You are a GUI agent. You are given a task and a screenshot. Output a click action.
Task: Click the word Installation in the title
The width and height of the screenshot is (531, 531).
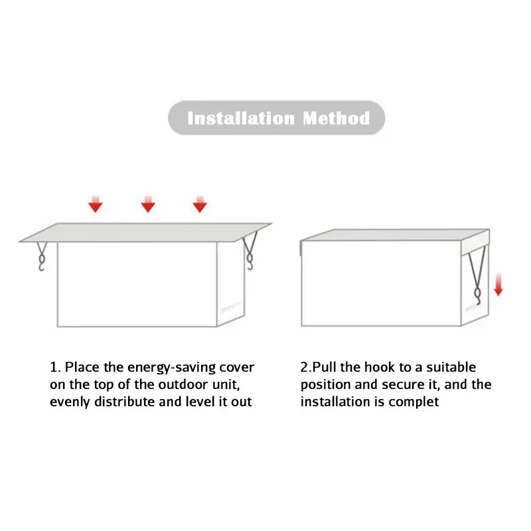pyautogui.click(x=241, y=119)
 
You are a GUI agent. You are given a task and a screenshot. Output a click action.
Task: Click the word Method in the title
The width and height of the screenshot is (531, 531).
pyautogui.click(x=337, y=119)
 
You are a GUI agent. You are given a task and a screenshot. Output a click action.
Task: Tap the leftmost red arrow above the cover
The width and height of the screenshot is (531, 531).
pyautogui.click(x=96, y=204)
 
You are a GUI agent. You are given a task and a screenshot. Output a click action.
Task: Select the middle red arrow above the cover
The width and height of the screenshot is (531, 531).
pyautogui.click(x=148, y=204)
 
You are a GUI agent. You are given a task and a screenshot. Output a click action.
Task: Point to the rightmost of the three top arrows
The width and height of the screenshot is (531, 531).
pyautogui.click(x=200, y=204)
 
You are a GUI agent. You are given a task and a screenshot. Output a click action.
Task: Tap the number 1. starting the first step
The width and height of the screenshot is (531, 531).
pyautogui.click(x=56, y=367)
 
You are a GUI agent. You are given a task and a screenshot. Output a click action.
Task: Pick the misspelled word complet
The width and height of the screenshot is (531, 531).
pyautogui.click(x=416, y=402)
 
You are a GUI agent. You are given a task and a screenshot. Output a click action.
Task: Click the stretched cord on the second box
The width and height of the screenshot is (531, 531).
pyautogui.click(x=473, y=272)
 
